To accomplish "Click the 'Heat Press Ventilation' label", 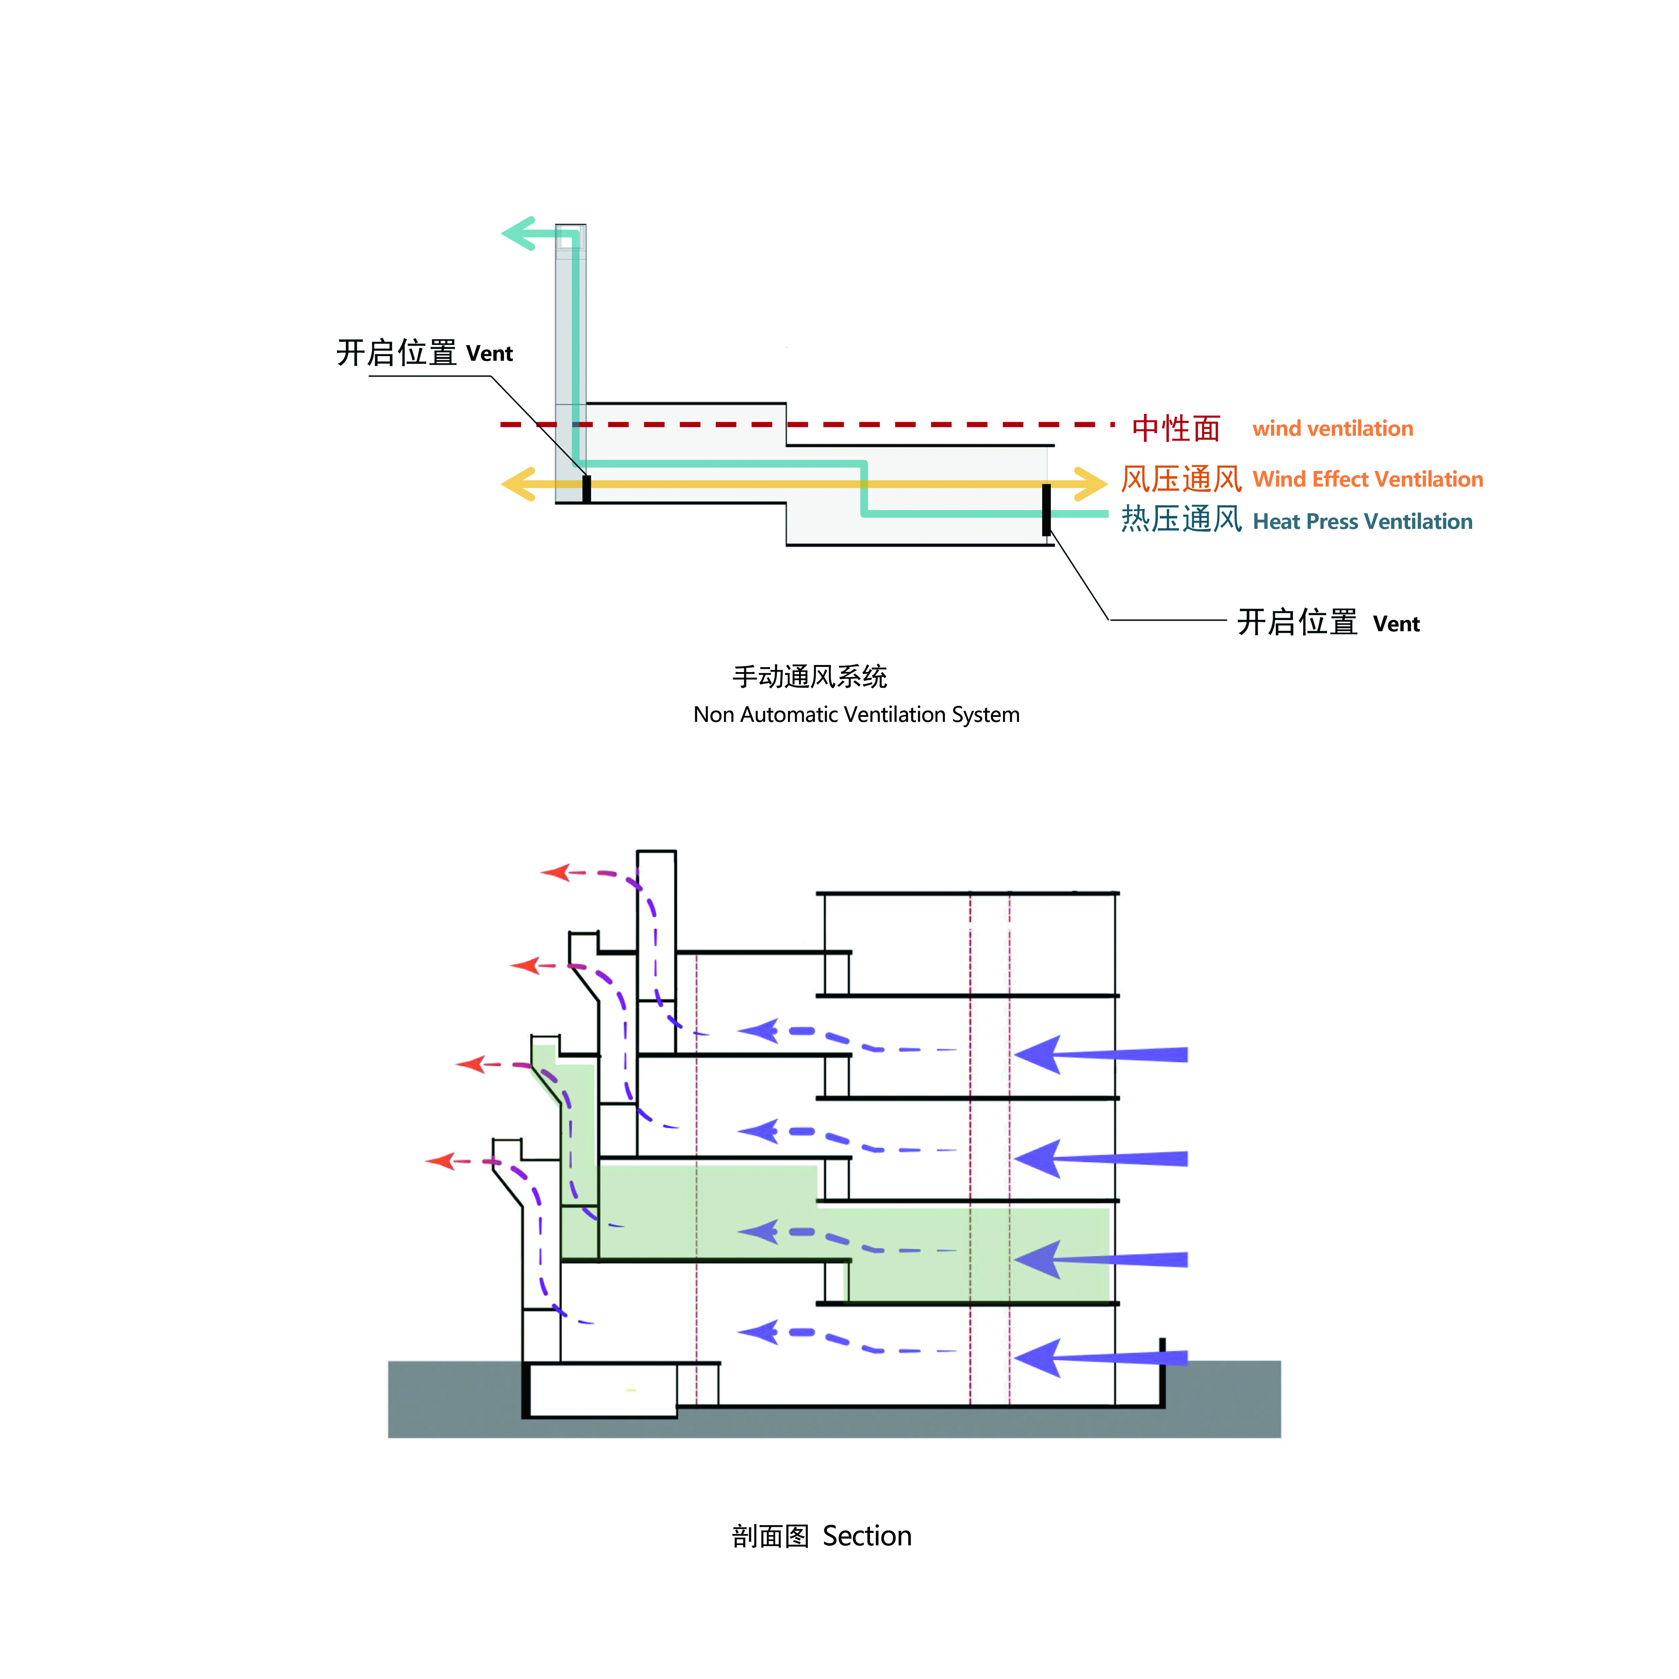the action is click(1363, 521).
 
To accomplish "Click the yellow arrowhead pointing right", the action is click(1091, 484).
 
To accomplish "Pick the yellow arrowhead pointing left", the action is click(519, 484).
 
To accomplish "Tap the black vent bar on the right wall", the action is click(1046, 510).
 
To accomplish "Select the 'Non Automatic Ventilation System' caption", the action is click(856, 714).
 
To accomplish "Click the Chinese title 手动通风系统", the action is click(810, 676).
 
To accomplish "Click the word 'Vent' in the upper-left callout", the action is click(489, 354).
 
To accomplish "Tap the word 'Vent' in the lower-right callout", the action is click(1396, 624).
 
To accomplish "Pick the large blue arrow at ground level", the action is click(1100, 1358).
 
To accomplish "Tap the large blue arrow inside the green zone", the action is click(1100, 1259).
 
